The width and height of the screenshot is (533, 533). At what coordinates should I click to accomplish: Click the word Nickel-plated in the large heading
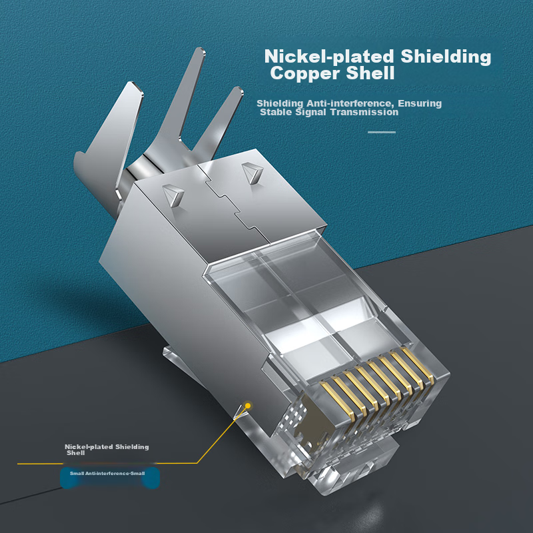click(329, 57)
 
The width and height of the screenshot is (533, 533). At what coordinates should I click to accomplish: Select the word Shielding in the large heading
click(446, 57)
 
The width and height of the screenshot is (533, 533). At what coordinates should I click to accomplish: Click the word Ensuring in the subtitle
click(420, 103)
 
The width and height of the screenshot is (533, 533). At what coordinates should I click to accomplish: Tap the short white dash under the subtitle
click(382, 132)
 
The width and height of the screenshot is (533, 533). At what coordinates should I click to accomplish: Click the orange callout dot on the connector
click(248, 406)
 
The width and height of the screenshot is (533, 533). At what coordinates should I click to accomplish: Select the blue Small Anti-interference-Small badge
click(110, 478)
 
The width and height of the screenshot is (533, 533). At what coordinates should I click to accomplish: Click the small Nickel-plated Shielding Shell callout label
click(107, 449)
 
